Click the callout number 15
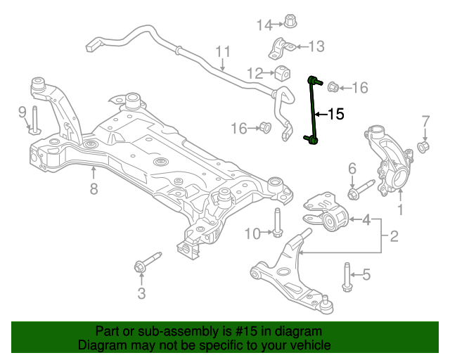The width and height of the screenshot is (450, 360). point(336,114)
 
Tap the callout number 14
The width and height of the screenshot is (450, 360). point(264,25)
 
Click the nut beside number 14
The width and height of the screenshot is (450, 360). point(289,20)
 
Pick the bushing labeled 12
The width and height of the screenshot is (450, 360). point(284,73)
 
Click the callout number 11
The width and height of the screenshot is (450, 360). point(223,51)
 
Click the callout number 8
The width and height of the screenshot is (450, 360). point(94,188)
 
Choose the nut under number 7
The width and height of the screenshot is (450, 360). point(425,147)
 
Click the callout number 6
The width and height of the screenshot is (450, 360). point(352,168)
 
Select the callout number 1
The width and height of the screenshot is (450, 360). point(401,210)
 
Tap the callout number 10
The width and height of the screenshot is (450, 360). point(252,233)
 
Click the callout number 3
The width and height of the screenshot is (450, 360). point(141,293)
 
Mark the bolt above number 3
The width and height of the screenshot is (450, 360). point(143,264)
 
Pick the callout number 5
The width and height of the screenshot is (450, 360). point(366,275)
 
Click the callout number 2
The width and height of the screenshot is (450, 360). point(394,236)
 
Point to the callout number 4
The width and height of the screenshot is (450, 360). point(366,221)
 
